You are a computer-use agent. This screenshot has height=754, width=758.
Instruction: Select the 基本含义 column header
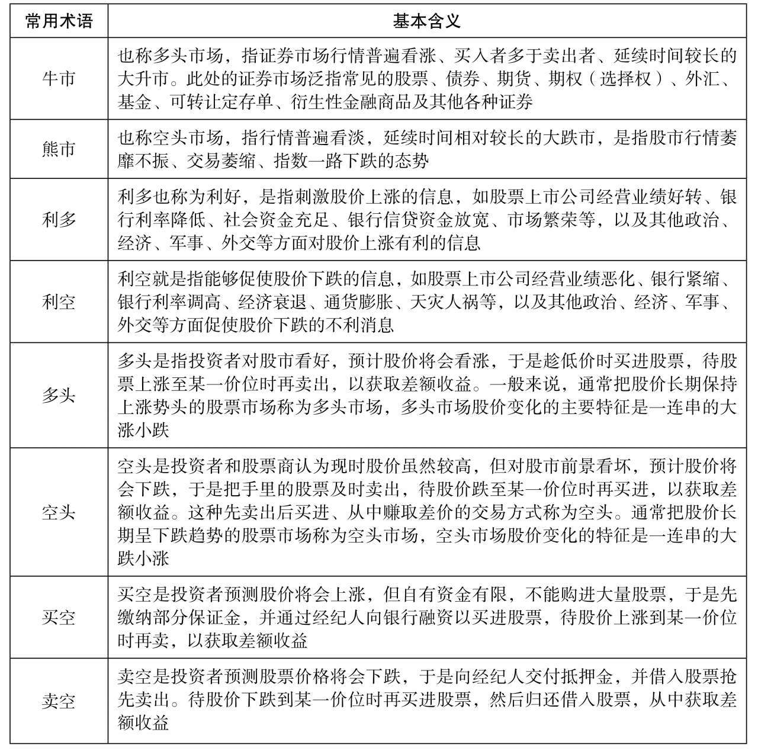pos(426,21)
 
